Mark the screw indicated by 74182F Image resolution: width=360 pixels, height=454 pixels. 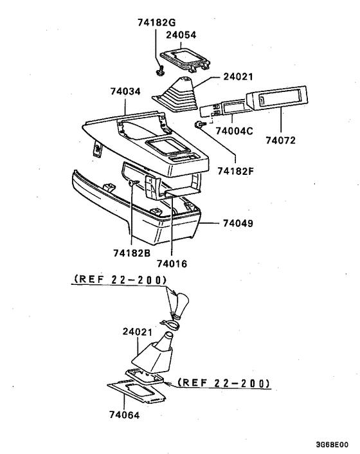coord(201,123)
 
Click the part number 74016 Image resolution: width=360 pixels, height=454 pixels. coord(174,264)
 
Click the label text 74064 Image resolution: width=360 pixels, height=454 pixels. coord(125,415)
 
